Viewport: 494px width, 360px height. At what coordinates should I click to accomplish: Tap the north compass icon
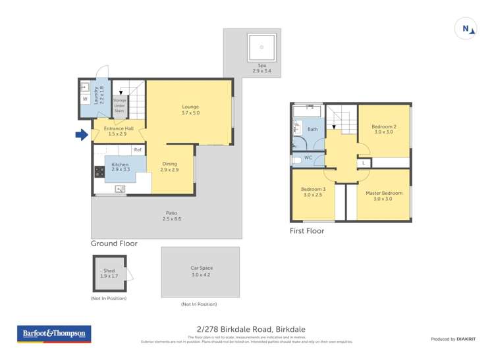(466, 29)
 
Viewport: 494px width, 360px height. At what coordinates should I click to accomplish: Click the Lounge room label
(190, 110)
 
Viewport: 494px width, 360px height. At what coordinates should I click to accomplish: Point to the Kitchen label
(120, 167)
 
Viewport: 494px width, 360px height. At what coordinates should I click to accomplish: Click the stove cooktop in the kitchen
(99, 172)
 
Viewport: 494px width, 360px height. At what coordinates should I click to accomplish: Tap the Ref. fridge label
(138, 150)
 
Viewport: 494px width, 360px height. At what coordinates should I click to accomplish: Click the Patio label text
(171, 216)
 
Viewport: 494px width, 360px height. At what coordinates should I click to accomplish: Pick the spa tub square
(261, 47)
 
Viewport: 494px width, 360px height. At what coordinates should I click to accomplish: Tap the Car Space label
(202, 271)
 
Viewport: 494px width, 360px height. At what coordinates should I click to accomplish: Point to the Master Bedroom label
(383, 196)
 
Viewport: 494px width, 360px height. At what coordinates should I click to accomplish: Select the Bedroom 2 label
(383, 129)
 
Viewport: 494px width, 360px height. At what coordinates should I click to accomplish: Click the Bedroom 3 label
(314, 192)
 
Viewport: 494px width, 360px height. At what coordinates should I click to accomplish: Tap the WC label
(308, 158)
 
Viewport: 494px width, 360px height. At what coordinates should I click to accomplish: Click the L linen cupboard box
(364, 163)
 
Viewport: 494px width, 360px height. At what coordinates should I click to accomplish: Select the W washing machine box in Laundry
(85, 99)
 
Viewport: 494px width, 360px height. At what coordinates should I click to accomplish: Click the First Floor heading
(307, 231)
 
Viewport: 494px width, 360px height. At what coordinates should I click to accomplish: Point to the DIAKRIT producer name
(470, 339)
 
